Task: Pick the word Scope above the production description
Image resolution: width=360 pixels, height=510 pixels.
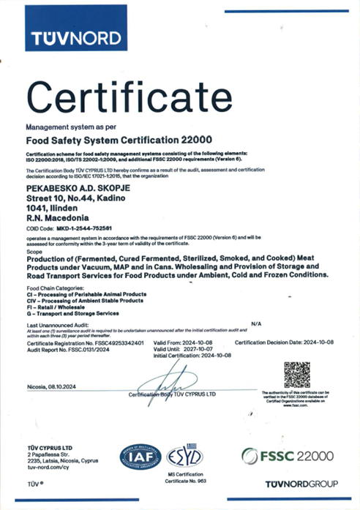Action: pyautogui.click(x=34, y=252)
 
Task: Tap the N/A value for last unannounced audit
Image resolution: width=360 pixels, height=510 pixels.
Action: pyautogui.click(x=255, y=323)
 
